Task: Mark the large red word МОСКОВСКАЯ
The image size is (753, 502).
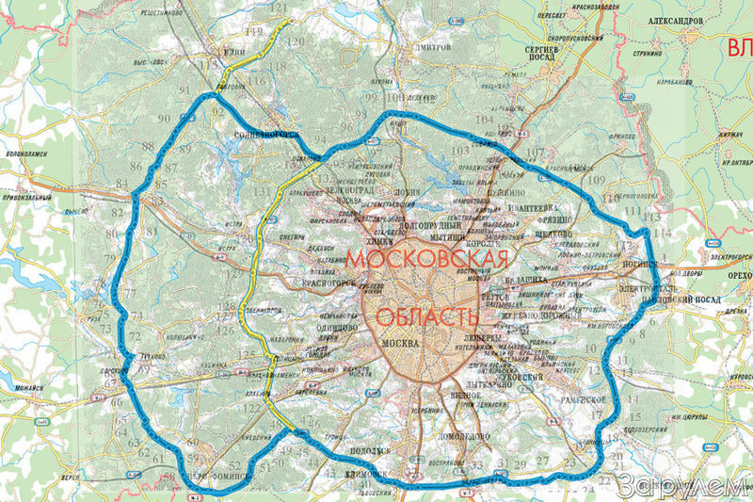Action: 428,257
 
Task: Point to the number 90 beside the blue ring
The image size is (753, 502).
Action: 165,119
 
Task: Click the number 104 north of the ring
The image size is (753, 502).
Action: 484,121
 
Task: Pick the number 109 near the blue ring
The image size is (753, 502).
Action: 595,179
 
